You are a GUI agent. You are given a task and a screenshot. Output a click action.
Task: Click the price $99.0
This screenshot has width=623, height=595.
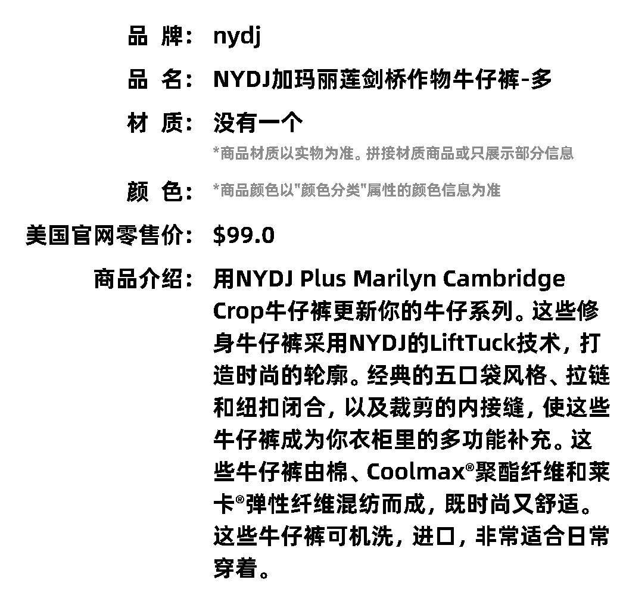tap(244, 235)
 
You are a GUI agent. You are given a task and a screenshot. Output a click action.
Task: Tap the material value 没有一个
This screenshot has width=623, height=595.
tap(258, 123)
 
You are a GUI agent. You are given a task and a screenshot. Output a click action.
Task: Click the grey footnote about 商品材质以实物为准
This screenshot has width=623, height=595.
tap(393, 154)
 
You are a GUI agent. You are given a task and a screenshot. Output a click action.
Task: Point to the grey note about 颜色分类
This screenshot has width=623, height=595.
tap(356, 191)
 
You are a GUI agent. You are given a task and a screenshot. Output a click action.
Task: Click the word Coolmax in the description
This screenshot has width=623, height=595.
tap(415, 472)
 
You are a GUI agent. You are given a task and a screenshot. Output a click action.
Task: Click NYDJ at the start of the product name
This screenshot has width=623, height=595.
tap(241, 79)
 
